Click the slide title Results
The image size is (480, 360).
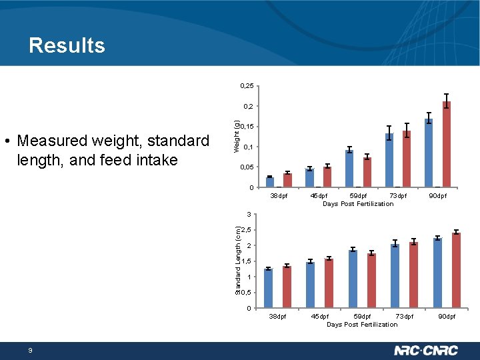point(67,45)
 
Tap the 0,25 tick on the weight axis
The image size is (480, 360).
point(246,85)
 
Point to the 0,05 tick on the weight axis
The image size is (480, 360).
point(246,167)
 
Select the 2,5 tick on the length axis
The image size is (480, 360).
point(246,231)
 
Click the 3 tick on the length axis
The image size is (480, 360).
point(247,215)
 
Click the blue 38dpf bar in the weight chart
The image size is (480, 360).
point(270,181)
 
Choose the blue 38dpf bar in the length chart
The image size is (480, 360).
point(269,288)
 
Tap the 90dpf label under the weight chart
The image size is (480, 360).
point(438,196)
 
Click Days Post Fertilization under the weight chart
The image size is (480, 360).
point(358,204)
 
